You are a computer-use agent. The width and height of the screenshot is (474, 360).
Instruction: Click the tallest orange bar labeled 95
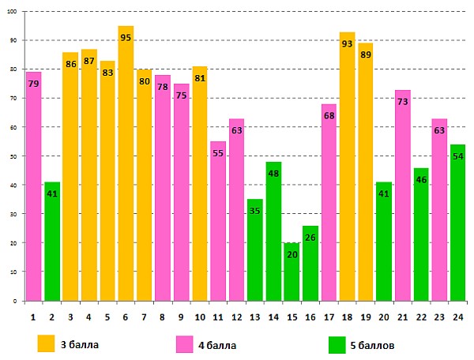point(126,174)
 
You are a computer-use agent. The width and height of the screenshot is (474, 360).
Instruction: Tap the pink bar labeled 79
point(33,189)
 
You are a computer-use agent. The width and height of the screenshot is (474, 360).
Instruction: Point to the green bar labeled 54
point(457,225)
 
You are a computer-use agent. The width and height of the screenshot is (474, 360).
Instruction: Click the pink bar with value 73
point(402,197)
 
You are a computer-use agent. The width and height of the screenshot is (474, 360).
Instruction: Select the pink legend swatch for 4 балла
point(185,344)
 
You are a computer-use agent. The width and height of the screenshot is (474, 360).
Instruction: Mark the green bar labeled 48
point(273,237)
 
